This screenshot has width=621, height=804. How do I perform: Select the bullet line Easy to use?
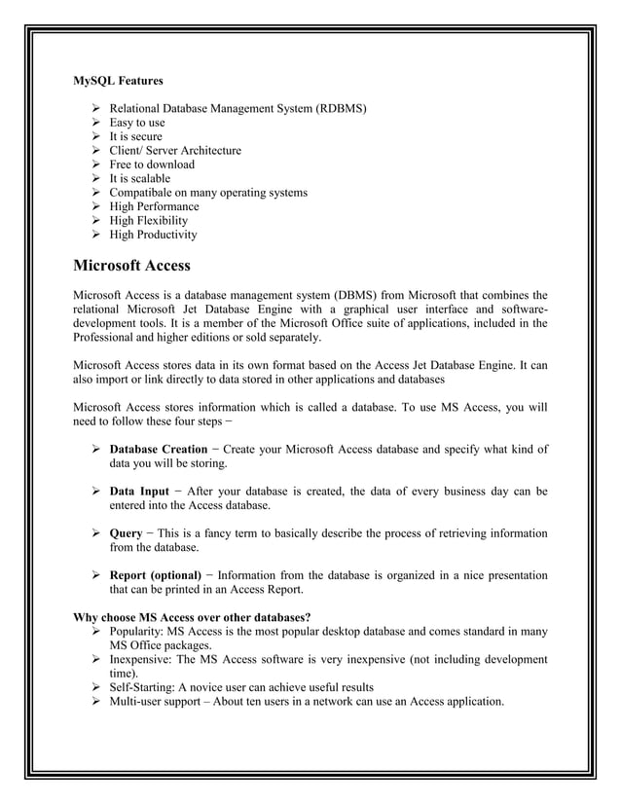136,123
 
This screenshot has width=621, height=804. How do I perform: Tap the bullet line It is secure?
135,137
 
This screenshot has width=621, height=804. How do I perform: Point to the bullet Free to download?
151,164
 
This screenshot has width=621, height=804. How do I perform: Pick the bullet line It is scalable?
139,179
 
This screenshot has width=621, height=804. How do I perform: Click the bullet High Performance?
154,206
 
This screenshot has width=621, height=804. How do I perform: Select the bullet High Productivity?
153,235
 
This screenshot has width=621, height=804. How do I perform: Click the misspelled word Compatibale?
141,193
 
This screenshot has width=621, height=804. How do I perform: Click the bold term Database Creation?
158,449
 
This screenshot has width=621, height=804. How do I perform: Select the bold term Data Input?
138,492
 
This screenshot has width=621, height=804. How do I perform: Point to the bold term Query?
126,533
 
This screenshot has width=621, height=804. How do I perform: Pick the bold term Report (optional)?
155,575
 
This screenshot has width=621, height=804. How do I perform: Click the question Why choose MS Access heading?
193,617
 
